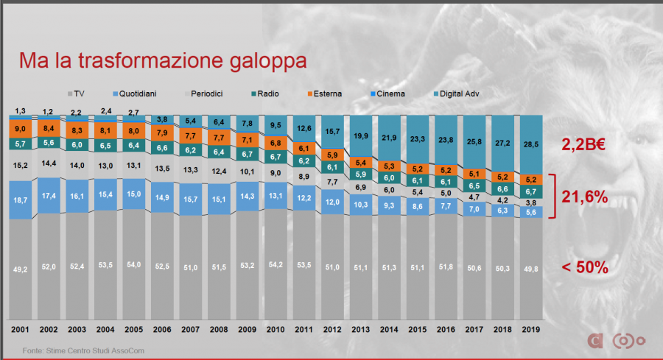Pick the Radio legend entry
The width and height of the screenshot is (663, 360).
pyautogui.click(x=269, y=94)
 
